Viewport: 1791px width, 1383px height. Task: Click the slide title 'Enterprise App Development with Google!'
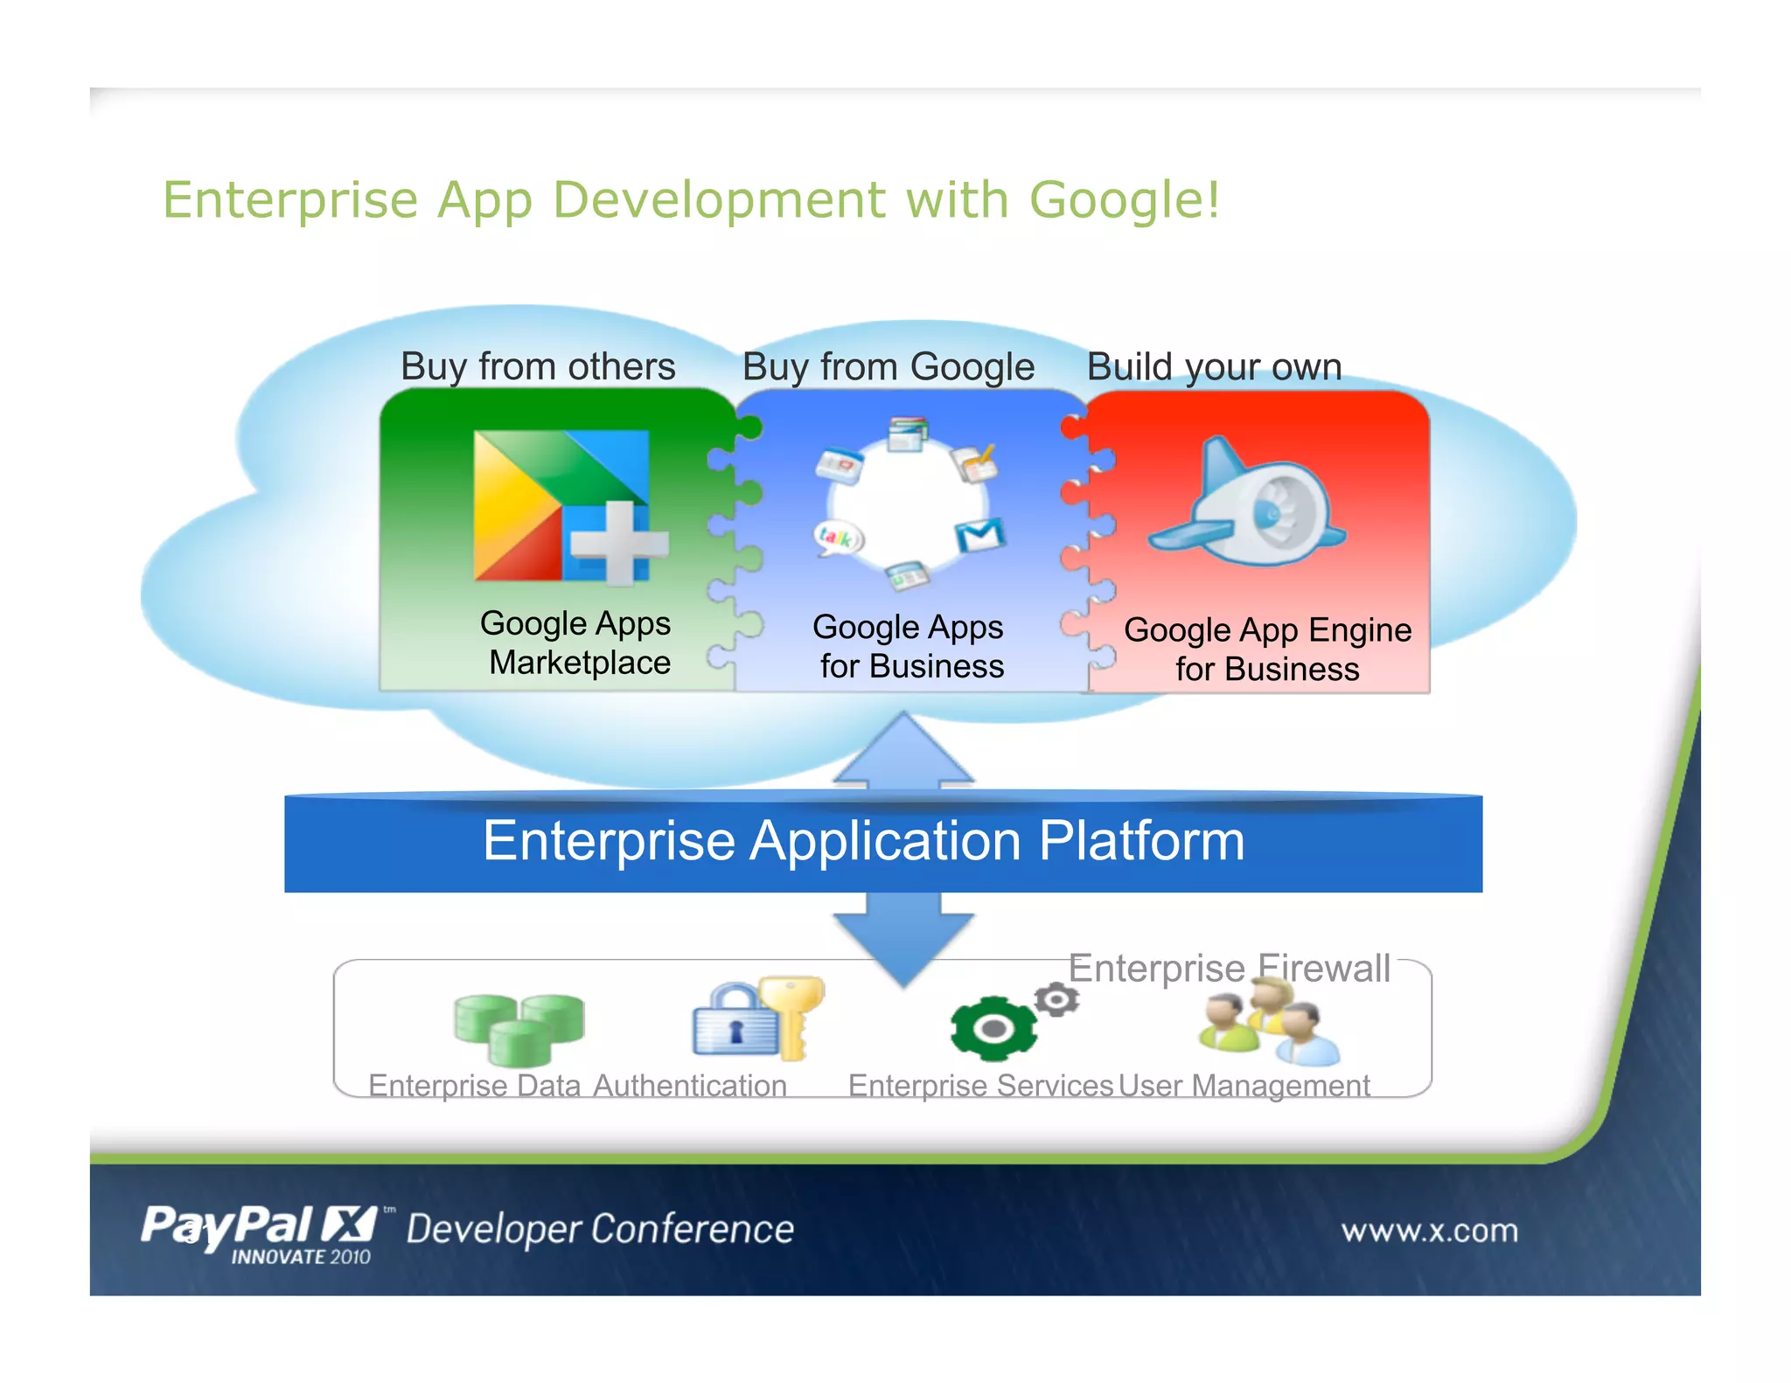point(691,200)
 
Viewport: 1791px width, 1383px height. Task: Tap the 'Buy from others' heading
point(538,366)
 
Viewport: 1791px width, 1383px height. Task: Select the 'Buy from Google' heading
point(888,366)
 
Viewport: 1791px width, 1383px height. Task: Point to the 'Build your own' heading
point(1214,366)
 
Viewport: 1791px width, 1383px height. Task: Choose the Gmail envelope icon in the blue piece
point(979,535)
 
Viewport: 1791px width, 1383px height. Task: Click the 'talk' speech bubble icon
point(838,538)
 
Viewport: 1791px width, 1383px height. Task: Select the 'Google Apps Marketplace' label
point(577,643)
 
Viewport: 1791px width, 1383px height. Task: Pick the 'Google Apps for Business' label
point(909,647)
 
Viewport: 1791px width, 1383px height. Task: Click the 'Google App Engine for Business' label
point(1267,650)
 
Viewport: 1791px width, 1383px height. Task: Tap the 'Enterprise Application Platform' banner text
point(864,841)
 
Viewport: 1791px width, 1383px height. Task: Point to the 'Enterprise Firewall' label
point(1229,969)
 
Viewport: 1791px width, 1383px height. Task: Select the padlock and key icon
point(757,1019)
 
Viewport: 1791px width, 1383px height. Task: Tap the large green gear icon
point(993,1029)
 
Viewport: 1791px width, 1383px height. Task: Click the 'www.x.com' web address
point(1430,1231)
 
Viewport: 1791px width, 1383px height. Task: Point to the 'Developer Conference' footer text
point(601,1229)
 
